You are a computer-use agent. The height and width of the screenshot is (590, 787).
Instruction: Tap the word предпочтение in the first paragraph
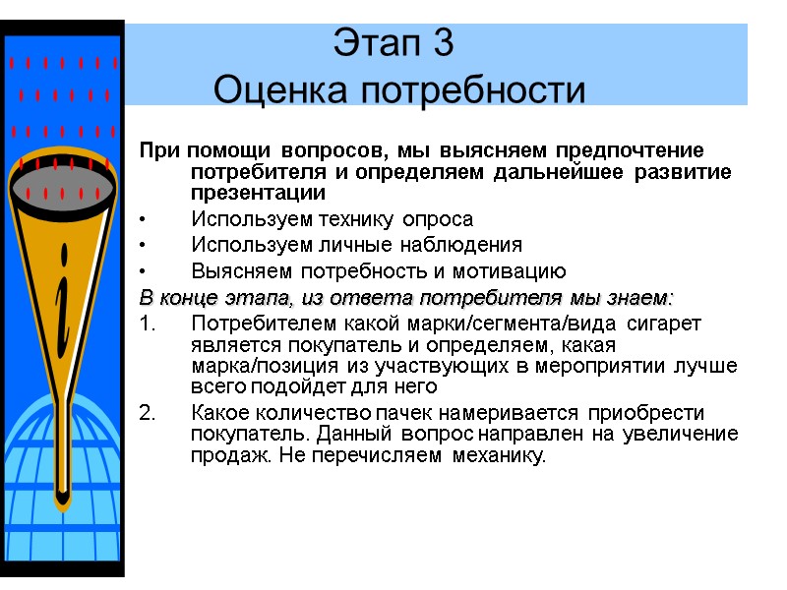coord(631,151)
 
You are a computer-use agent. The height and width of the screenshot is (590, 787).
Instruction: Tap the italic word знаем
coord(640,297)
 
